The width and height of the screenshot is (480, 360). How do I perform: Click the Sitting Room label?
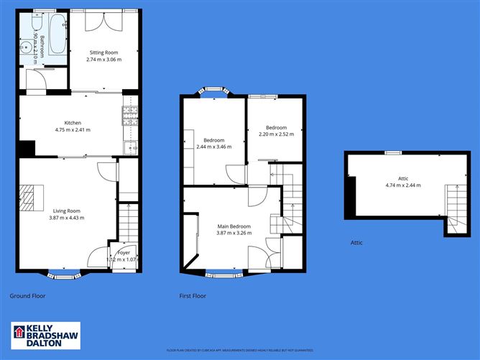pyautogui.click(x=103, y=52)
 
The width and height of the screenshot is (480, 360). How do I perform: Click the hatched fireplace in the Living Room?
pyautogui.click(x=27, y=196)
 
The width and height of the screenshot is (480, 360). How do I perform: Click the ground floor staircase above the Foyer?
pyautogui.click(x=127, y=223)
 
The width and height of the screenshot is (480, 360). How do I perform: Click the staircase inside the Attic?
pyautogui.click(x=454, y=205)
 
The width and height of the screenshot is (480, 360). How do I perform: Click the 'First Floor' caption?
pyautogui.click(x=193, y=295)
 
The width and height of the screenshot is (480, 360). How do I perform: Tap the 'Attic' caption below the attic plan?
pyautogui.click(x=356, y=243)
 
